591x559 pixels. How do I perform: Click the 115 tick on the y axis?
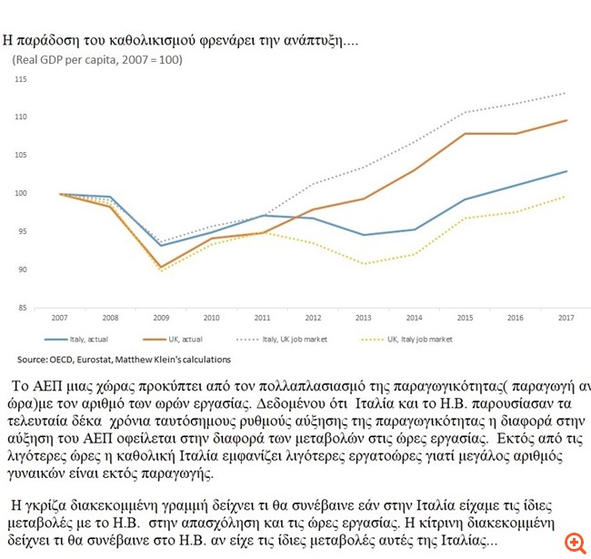pos(21,80)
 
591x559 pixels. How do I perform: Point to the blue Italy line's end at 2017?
pos(566,171)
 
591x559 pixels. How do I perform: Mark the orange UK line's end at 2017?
pos(566,120)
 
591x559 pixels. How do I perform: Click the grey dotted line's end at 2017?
pos(566,93)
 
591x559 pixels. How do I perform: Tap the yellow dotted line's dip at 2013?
pos(362,264)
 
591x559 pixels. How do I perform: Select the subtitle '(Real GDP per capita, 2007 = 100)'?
pos(97,60)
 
